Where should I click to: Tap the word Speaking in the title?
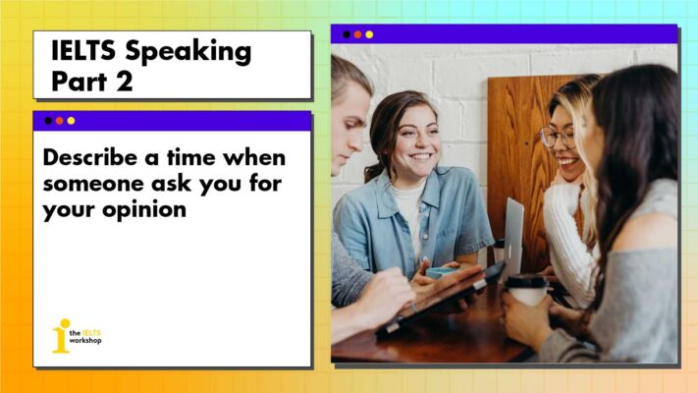[x=191, y=52]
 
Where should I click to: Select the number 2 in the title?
[x=123, y=82]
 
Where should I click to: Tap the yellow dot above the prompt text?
[x=71, y=121]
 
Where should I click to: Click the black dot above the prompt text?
[x=48, y=121]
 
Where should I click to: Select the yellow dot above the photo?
[x=369, y=34]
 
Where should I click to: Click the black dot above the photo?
[x=346, y=34]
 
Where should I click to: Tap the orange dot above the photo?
[x=357, y=34]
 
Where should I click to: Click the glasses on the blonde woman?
[x=559, y=138]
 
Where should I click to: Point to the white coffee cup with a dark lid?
[x=527, y=293]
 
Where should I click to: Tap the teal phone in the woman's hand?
[x=443, y=271]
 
